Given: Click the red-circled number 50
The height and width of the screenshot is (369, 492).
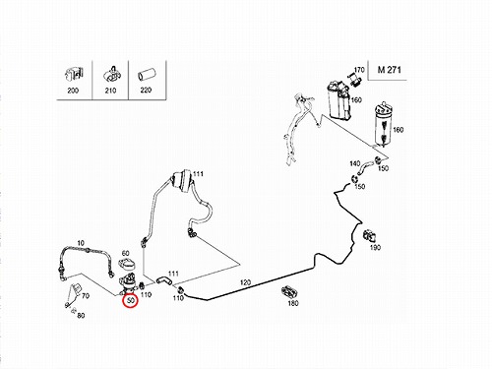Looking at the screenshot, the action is coord(131,300).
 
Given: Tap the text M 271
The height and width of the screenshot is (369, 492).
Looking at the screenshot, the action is coord(389,70).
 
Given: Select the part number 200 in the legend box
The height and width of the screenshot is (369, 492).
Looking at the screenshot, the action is coord(73,91).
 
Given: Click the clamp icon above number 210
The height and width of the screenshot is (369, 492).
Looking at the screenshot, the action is coord(112,75).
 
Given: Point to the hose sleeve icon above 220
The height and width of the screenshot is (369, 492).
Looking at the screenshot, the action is coord(146,76).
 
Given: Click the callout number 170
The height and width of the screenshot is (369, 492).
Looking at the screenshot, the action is coord(359,70).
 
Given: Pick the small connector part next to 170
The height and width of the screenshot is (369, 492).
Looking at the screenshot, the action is coord(354,80).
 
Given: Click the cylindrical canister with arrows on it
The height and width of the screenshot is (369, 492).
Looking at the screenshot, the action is coord(383,124).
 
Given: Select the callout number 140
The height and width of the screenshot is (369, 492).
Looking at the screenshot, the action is coord(354,163).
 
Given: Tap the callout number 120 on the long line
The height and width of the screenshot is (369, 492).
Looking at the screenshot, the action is coord(245,282).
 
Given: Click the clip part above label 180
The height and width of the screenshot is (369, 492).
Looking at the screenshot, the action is coord(288,291).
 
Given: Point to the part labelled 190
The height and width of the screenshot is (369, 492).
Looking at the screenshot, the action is coord(370,236).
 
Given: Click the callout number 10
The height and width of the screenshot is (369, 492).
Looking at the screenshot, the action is coord(81,243).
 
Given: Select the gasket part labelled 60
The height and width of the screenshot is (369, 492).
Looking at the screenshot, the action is coord(126,264).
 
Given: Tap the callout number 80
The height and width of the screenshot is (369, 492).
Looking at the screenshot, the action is coord(81,316).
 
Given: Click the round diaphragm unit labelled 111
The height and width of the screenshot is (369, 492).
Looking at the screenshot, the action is coord(181,183).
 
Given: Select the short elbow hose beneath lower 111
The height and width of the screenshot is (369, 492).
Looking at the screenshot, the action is coord(162,280).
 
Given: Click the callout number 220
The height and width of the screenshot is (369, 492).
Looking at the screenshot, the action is coord(146,90).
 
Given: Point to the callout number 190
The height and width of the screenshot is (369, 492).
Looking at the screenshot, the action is coord(375,247).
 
